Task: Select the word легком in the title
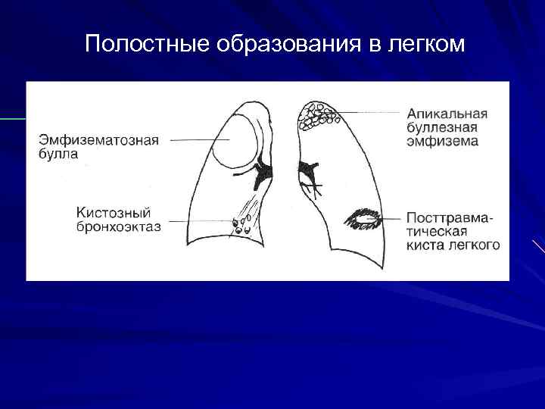pos(425,45)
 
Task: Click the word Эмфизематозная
pos(98,140)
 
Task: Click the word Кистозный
pos(114,212)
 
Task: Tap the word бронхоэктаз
pos(118,226)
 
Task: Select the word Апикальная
pos(447,114)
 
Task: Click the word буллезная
pos(442,127)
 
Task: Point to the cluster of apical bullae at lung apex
pos(317,114)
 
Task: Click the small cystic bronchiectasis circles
pos(241,225)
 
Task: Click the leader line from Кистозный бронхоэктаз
pos(198,221)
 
